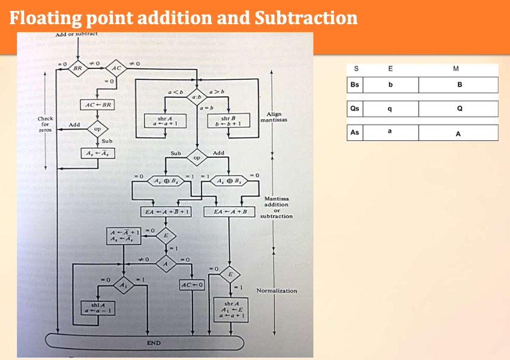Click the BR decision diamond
(x=78, y=68)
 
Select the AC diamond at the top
(x=116, y=68)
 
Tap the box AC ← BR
(x=97, y=105)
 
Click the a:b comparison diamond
(x=197, y=96)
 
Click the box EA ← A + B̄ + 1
(x=166, y=212)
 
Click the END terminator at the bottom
(x=154, y=343)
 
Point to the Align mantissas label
(x=273, y=117)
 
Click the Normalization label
(x=276, y=291)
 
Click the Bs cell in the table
(x=355, y=84)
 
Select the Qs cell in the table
(x=355, y=109)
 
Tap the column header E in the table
(x=390, y=68)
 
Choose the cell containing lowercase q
(x=390, y=109)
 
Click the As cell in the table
(x=355, y=133)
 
